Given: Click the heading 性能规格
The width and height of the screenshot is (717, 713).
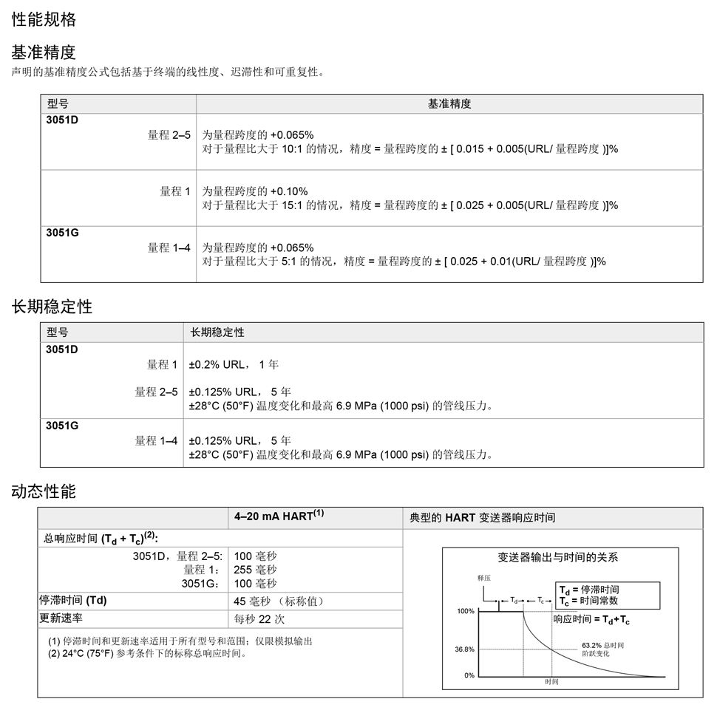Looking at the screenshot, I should click(44, 20).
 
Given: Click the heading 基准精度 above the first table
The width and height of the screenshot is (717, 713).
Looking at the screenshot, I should click(44, 52).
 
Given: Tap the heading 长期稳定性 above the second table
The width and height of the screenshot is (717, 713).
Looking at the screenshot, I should click(52, 306).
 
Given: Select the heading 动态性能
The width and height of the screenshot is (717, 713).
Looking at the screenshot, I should click(44, 491).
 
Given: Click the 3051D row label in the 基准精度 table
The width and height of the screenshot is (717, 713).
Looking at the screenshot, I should click(62, 120).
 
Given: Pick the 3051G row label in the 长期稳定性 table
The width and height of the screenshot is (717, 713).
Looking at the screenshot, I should click(62, 425).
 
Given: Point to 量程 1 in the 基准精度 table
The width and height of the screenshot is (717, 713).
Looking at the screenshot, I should click(175, 191).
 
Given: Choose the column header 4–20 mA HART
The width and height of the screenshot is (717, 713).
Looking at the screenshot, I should click(279, 517).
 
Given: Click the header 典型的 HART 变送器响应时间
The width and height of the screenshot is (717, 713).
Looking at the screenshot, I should click(482, 518).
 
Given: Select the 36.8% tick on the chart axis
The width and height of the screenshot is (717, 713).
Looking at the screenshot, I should click(464, 649).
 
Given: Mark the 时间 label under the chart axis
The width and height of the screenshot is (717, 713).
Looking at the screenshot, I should click(551, 681).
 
